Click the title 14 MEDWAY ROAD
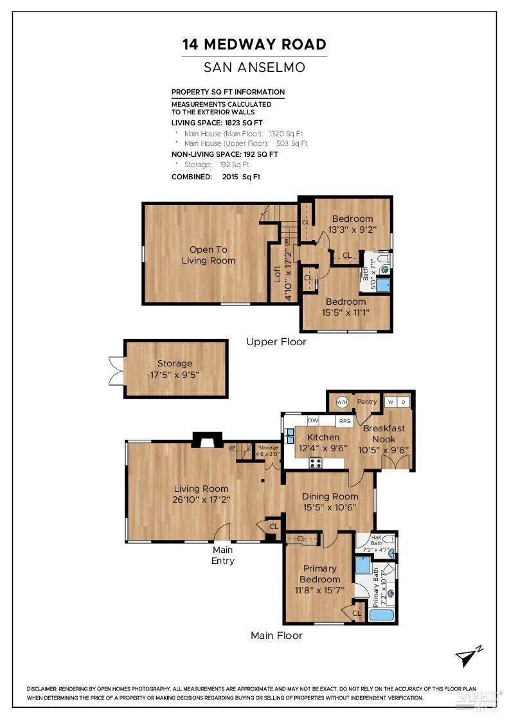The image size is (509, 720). tap(254, 44)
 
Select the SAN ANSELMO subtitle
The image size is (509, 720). tap(254, 67)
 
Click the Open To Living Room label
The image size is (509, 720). tap(208, 255)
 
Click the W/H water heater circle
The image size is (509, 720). tap(341, 402)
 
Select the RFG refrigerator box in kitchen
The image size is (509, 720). tap(344, 421)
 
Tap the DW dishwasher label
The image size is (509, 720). tap(313, 420)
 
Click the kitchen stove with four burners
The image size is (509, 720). tap(316, 462)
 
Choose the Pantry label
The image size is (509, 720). tap(367, 402)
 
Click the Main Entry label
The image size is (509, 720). tap(223, 555)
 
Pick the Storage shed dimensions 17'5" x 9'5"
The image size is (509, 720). tap(174, 373)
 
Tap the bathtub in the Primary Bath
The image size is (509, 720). tap(382, 615)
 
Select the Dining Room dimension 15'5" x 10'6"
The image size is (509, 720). tap(330, 507)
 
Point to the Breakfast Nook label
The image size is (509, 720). tap(384, 433)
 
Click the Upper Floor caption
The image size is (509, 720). tap(276, 342)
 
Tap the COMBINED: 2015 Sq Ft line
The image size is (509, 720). tap(216, 176)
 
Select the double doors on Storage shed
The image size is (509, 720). tap(115, 370)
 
